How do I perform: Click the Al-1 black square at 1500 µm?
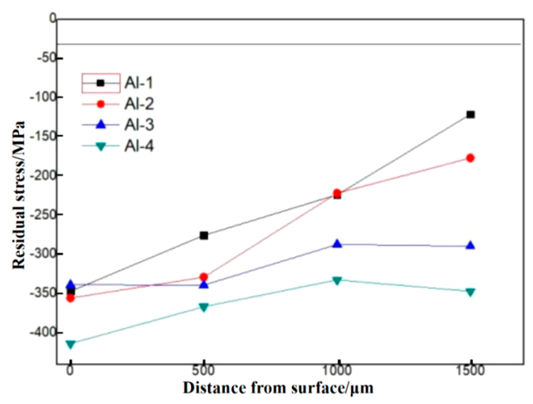click(470, 114)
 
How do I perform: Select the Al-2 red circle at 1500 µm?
click(470, 158)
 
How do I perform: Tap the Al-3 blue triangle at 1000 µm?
click(337, 244)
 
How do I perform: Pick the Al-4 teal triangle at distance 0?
click(71, 344)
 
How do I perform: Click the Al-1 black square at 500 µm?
click(204, 235)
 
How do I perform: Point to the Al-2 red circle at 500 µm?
click(204, 277)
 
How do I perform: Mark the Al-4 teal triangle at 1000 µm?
click(337, 281)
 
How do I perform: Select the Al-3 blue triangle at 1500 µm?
click(470, 246)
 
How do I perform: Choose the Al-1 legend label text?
click(139, 83)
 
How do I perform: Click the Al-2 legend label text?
click(139, 104)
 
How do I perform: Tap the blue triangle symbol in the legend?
click(101, 125)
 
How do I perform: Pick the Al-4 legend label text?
click(139, 146)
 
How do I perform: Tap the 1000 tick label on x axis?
click(337, 370)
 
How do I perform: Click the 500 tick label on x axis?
click(203, 370)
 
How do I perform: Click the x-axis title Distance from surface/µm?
click(278, 388)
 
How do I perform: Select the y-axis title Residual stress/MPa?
click(19, 195)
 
